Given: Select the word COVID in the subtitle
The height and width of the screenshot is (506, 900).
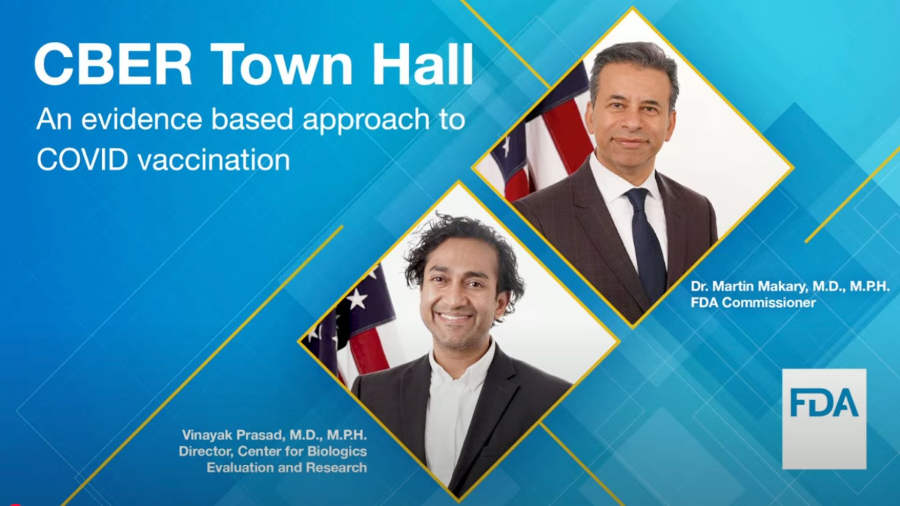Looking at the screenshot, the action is (x=82, y=160).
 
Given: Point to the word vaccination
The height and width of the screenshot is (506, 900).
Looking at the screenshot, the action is (x=214, y=160).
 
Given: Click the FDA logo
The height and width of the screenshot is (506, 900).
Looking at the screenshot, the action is (x=824, y=419).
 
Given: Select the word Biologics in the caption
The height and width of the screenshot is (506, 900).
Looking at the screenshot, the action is (x=337, y=451).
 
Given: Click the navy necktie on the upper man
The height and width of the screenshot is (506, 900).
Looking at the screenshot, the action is (x=646, y=239).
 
